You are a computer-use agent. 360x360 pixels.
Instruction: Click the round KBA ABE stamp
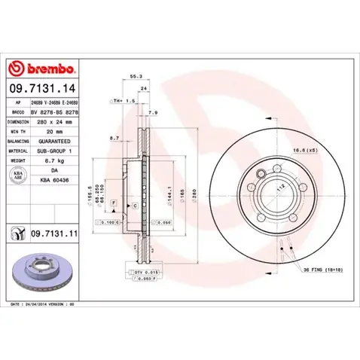click(17, 174)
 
